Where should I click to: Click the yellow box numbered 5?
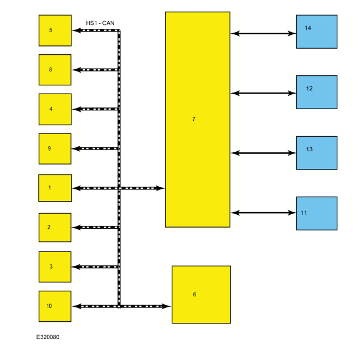55,30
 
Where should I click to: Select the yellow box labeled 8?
55,70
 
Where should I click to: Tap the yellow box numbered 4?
55,109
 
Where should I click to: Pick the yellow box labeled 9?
55,148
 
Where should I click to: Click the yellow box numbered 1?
55,188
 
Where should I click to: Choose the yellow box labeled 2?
55,227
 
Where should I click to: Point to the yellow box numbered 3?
55,266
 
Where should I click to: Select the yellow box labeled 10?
55,306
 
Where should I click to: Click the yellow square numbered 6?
201,295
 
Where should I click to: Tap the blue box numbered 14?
316,32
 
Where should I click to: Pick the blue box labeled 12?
316,92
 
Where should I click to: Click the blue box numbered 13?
316,152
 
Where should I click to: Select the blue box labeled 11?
316,213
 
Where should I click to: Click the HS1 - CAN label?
100,23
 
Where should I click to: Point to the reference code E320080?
48,337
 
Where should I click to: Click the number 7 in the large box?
194,119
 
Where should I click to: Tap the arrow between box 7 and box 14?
263,34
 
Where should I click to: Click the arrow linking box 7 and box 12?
263,93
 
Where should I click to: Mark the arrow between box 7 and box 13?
263,153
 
